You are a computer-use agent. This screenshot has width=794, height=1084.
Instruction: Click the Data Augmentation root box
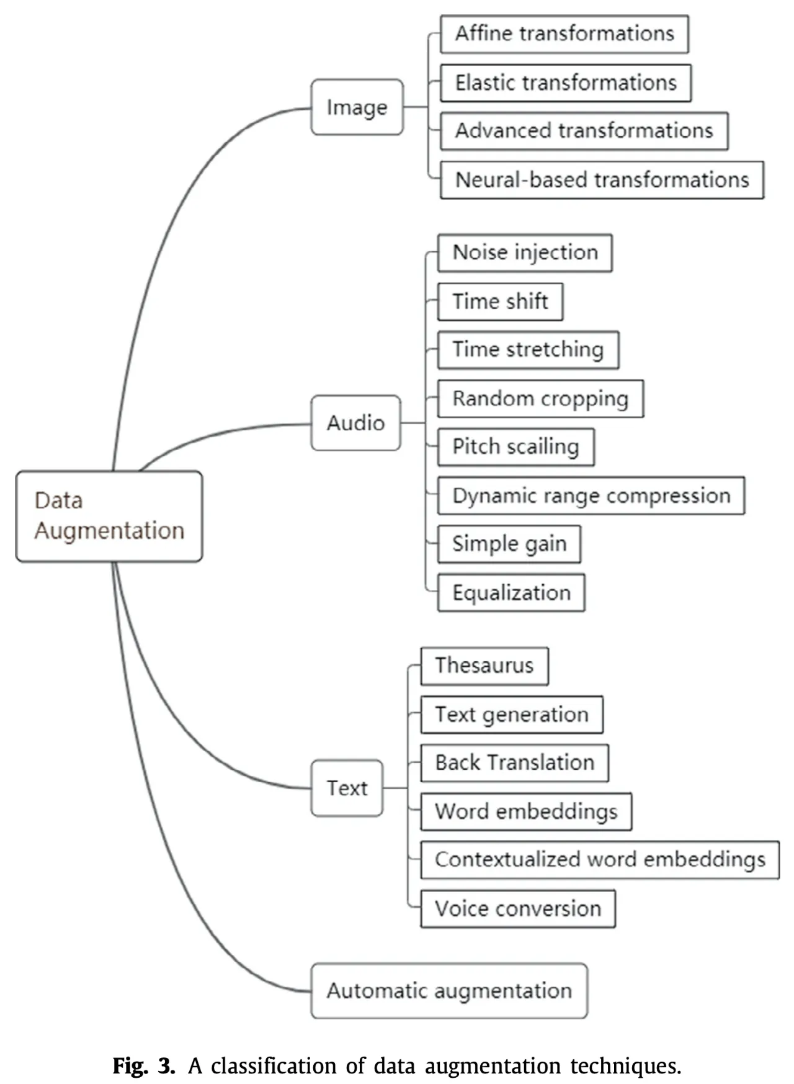pyautogui.click(x=109, y=516)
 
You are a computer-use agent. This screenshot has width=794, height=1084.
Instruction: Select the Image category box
pyautogui.click(x=357, y=107)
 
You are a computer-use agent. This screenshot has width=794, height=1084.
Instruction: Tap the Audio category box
pyautogui.click(x=355, y=423)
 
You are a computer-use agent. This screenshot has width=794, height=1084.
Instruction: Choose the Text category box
pyautogui.click(x=347, y=788)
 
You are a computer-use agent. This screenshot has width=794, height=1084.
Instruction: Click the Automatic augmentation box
pyautogui.click(x=449, y=991)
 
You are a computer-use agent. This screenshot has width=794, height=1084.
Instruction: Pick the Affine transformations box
pyautogui.click(x=564, y=34)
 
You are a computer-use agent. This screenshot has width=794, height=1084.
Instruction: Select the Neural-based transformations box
pyautogui.click(x=602, y=180)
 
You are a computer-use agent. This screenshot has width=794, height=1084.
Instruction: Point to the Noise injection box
pyautogui.click(x=525, y=253)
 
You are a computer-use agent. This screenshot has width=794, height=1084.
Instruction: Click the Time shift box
pyautogui.click(x=500, y=302)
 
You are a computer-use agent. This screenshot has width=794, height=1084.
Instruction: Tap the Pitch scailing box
pyautogui.click(x=515, y=447)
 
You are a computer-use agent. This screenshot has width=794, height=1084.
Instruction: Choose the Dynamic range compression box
pyautogui.click(x=591, y=495)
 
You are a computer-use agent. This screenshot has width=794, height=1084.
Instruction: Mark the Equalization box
pyautogui.click(x=511, y=593)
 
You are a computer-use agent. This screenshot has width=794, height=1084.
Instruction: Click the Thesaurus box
pyautogui.click(x=484, y=666)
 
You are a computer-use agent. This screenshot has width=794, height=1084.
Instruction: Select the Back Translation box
pyautogui.click(x=514, y=763)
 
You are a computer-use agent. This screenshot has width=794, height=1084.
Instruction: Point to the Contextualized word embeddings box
pyautogui.click(x=600, y=860)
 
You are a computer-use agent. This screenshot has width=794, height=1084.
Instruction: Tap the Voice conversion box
pyautogui.click(x=518, y=909)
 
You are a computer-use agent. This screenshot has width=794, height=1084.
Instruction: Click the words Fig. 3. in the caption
pyautogui.click(x=144, y=1065)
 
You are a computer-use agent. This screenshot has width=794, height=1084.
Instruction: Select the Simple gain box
pyautogui.click(x=509, y=544)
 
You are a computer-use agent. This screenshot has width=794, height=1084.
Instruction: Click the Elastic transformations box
pyautogui.click(x=566, y=83)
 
